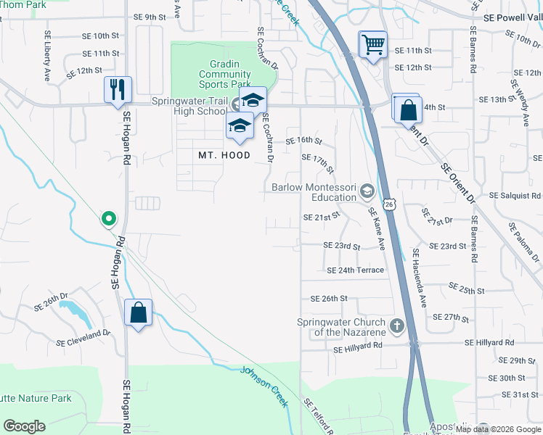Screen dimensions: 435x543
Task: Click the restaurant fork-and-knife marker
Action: [118, 90]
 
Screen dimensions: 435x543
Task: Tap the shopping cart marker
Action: [373, 45]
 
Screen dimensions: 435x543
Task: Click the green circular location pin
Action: [108, 217]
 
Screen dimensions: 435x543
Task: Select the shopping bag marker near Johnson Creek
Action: [138, 313]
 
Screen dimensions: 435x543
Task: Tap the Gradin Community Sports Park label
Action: [225, 74]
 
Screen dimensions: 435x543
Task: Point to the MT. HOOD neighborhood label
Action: [224, 155]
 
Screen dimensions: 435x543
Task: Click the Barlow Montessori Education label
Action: [314, 192]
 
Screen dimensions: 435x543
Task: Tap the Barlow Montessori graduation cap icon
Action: [367, 191]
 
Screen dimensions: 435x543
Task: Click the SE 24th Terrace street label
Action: [355, 270]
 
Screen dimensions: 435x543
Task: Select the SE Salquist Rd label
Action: [515, 196]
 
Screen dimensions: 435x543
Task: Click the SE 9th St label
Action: [150, 17]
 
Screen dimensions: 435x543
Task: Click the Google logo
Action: [24, 426]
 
